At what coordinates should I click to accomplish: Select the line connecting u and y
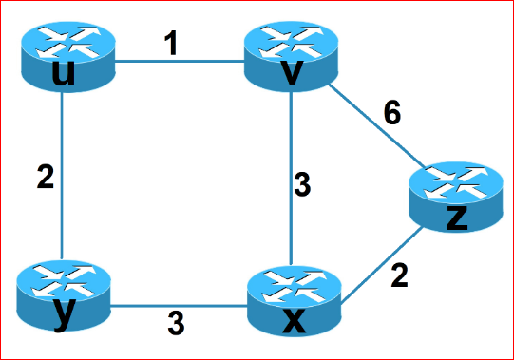(x=62, y=176)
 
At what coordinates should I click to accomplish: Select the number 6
(x=392, y=113)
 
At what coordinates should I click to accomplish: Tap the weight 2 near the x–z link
(x=399, y=276)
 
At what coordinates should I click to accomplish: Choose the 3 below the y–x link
(x=176, y=324)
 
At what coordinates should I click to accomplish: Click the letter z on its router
(x=456, y=217)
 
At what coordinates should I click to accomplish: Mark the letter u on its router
(x=64, y=72)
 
